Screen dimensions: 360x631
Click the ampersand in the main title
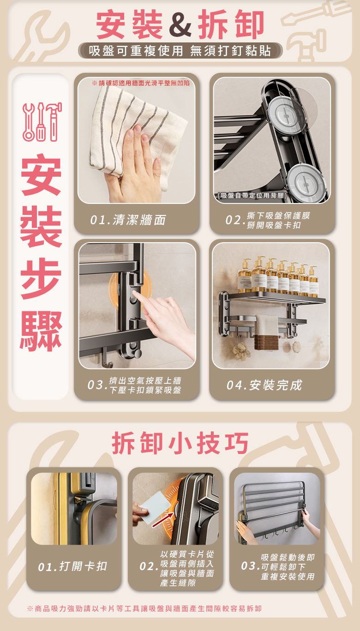pyautogui.click(x=180, y=24)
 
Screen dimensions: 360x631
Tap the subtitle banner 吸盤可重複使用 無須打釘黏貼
pyautogui.click(x=180, y=51)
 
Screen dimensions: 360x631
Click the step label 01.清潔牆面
pyautogui.click(x=128, y=220)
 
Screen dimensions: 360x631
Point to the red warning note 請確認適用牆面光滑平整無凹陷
pyautogui.click(x=141, y=83)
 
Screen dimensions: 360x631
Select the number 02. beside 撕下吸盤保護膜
pyautogui.click(x=234, y=220)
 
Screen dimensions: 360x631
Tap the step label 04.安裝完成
pyautogui.click(x=264, y=385)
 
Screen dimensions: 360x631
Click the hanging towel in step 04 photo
pyautogui.click(x=266, y=333)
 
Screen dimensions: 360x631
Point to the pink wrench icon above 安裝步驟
pyautogui.click(x=29, y=122)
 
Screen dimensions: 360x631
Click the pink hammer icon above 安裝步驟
pyautogui.click(x=54, y=122)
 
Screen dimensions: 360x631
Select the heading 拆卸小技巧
pyautogui.click(x=180, y=443)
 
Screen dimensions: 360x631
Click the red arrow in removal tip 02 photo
pyautogui.click(x=163, y=520)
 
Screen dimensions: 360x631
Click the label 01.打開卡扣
pyautogui.click(x=72, y=566)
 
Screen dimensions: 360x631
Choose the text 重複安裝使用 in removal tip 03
pyautogui.click(x=288, y=577)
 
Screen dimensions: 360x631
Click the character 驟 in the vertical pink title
pyautogui.click(x=41, y=332)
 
